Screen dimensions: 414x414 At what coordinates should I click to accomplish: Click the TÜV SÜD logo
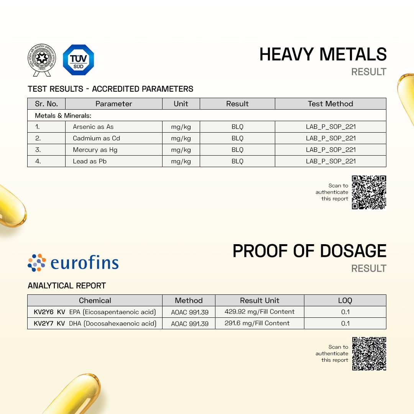coord(78,60)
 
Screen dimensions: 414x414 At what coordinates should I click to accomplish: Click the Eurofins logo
coord(73,263)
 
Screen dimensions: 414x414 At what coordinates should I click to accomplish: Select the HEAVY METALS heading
coord(323,54)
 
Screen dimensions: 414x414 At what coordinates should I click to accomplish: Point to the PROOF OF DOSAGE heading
coord(309,251)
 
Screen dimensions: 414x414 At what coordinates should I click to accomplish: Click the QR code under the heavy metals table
coord(369,192)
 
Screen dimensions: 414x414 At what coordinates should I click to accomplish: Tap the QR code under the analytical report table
coord(369,354)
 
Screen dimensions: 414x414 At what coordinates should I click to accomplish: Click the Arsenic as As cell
coord(93,127)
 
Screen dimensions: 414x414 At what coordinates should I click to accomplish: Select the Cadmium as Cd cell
coord(96,138)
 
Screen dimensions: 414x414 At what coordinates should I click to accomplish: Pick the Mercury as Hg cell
coord(95,150)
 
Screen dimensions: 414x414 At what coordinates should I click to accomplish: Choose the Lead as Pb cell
coord(89,161)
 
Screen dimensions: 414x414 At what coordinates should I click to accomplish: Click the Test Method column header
coord(330,104)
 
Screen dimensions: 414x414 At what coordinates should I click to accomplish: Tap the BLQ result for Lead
coord(237,161)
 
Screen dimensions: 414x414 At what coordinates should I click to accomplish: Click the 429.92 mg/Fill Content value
coord(260,312)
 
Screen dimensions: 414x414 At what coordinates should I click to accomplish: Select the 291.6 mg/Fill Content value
coord(257,323)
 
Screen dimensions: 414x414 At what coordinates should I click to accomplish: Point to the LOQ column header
coord(345,301)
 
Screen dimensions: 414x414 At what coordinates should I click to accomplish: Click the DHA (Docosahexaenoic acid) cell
coord(113,324)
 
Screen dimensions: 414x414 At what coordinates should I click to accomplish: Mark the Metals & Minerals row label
coord(63,115)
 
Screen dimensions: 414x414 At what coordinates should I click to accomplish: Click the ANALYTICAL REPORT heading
coord(67,286)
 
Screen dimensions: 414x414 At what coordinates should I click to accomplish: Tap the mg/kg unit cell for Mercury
coord(181,150)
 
